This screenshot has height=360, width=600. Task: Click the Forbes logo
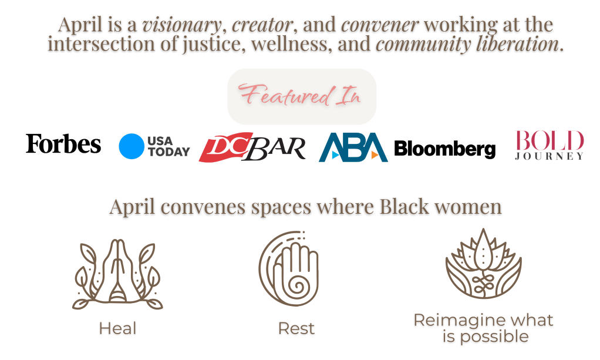click(x=63, y=144)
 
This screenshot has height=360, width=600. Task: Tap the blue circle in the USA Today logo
click(x=131, y=146)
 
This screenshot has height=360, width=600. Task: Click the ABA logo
click(x=353, y=147)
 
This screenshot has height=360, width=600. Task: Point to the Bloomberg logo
click(x=444, y=149)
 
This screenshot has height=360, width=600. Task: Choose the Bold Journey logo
click(x=549, y=145)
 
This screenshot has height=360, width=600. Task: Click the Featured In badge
click(x=301, y=96)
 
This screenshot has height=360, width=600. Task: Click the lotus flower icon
click(x=483, y=269)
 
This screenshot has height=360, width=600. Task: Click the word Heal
click(x=117, y=329)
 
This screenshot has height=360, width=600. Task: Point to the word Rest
click(x=296, y=329)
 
